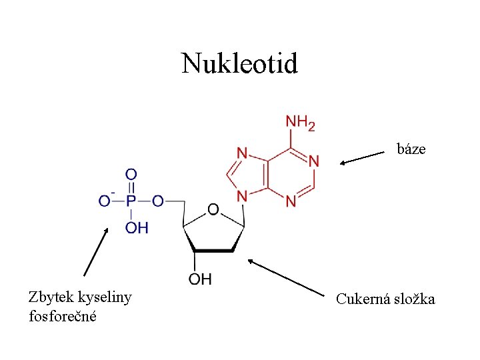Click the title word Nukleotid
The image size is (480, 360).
pos(240,64)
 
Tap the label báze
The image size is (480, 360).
pos(411,149)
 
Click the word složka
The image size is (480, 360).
pos(415,299)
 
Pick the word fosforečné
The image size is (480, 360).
pos(63,315)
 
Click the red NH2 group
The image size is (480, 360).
pos(300,122)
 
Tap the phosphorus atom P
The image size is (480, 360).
pos(131,200)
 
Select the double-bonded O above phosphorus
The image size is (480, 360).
pos(131,175)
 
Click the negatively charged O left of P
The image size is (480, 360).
pos(104,200)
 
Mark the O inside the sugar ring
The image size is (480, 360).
pos(213,210)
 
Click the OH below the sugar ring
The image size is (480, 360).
pos(199,279)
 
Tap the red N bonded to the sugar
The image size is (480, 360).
pos(242,197)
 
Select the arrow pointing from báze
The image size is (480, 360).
pos(364,158)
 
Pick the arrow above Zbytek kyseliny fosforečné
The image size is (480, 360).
pos(96,251)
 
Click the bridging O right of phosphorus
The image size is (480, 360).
pos(158,200)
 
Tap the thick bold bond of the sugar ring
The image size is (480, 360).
pos(213,251)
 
